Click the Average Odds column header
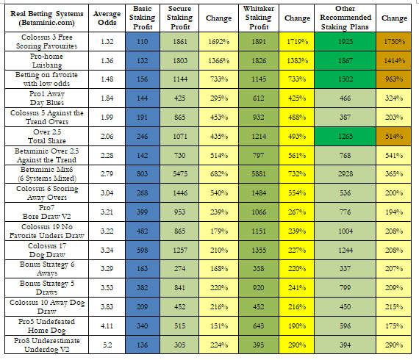[x=107, y=18]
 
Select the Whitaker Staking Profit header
[x=259, y=18]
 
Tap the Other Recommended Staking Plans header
[x=345, y=18]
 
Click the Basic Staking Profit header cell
[x=143, y=18]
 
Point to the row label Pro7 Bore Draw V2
[x=47, y=212]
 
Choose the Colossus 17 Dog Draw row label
[x=47, y=251]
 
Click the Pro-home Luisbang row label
[x=47, y=61]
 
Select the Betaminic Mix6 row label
[x=47, y=174]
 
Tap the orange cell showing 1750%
[x=393, y=42]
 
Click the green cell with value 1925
[x=345, y=42]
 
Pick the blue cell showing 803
[x=143, y=174]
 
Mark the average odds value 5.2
[x=107, y=345]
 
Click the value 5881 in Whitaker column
[x=259, y=174]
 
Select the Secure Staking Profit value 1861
[x=179, y=42]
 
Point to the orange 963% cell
[x=393, y=79]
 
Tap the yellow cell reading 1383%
[x=297, y=61]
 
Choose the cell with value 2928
[x=345, y=174]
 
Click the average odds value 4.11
[x=107, y=325]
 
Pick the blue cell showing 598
[x=143, y=251]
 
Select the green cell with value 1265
[x=345, y=137]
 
